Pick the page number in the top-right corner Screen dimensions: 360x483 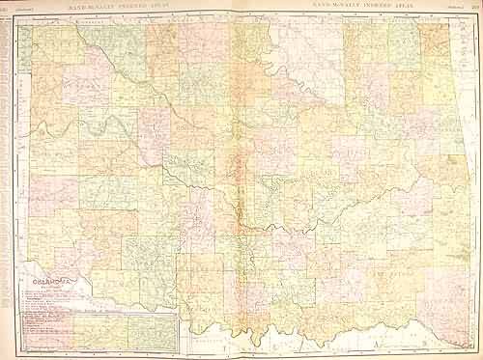point(471,6)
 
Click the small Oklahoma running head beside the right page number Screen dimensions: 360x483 point(450,6)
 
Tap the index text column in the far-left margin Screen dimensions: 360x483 point(7,145)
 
